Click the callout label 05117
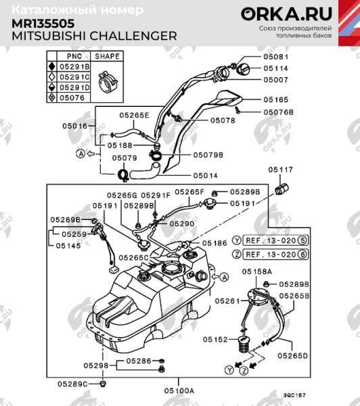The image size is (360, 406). click(280, 169)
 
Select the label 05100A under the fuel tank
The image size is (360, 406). click(179, 390)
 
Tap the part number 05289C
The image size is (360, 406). click(72, 384)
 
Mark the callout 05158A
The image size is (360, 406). click(257, 271)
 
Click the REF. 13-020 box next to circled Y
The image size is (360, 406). click(269, 240)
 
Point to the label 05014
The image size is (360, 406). click(204, 175)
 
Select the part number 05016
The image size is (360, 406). click(75, 126)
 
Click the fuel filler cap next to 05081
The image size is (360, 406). click(243, 69)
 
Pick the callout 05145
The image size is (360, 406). click(70, 246)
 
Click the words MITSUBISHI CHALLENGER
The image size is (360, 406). click(95, 35)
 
